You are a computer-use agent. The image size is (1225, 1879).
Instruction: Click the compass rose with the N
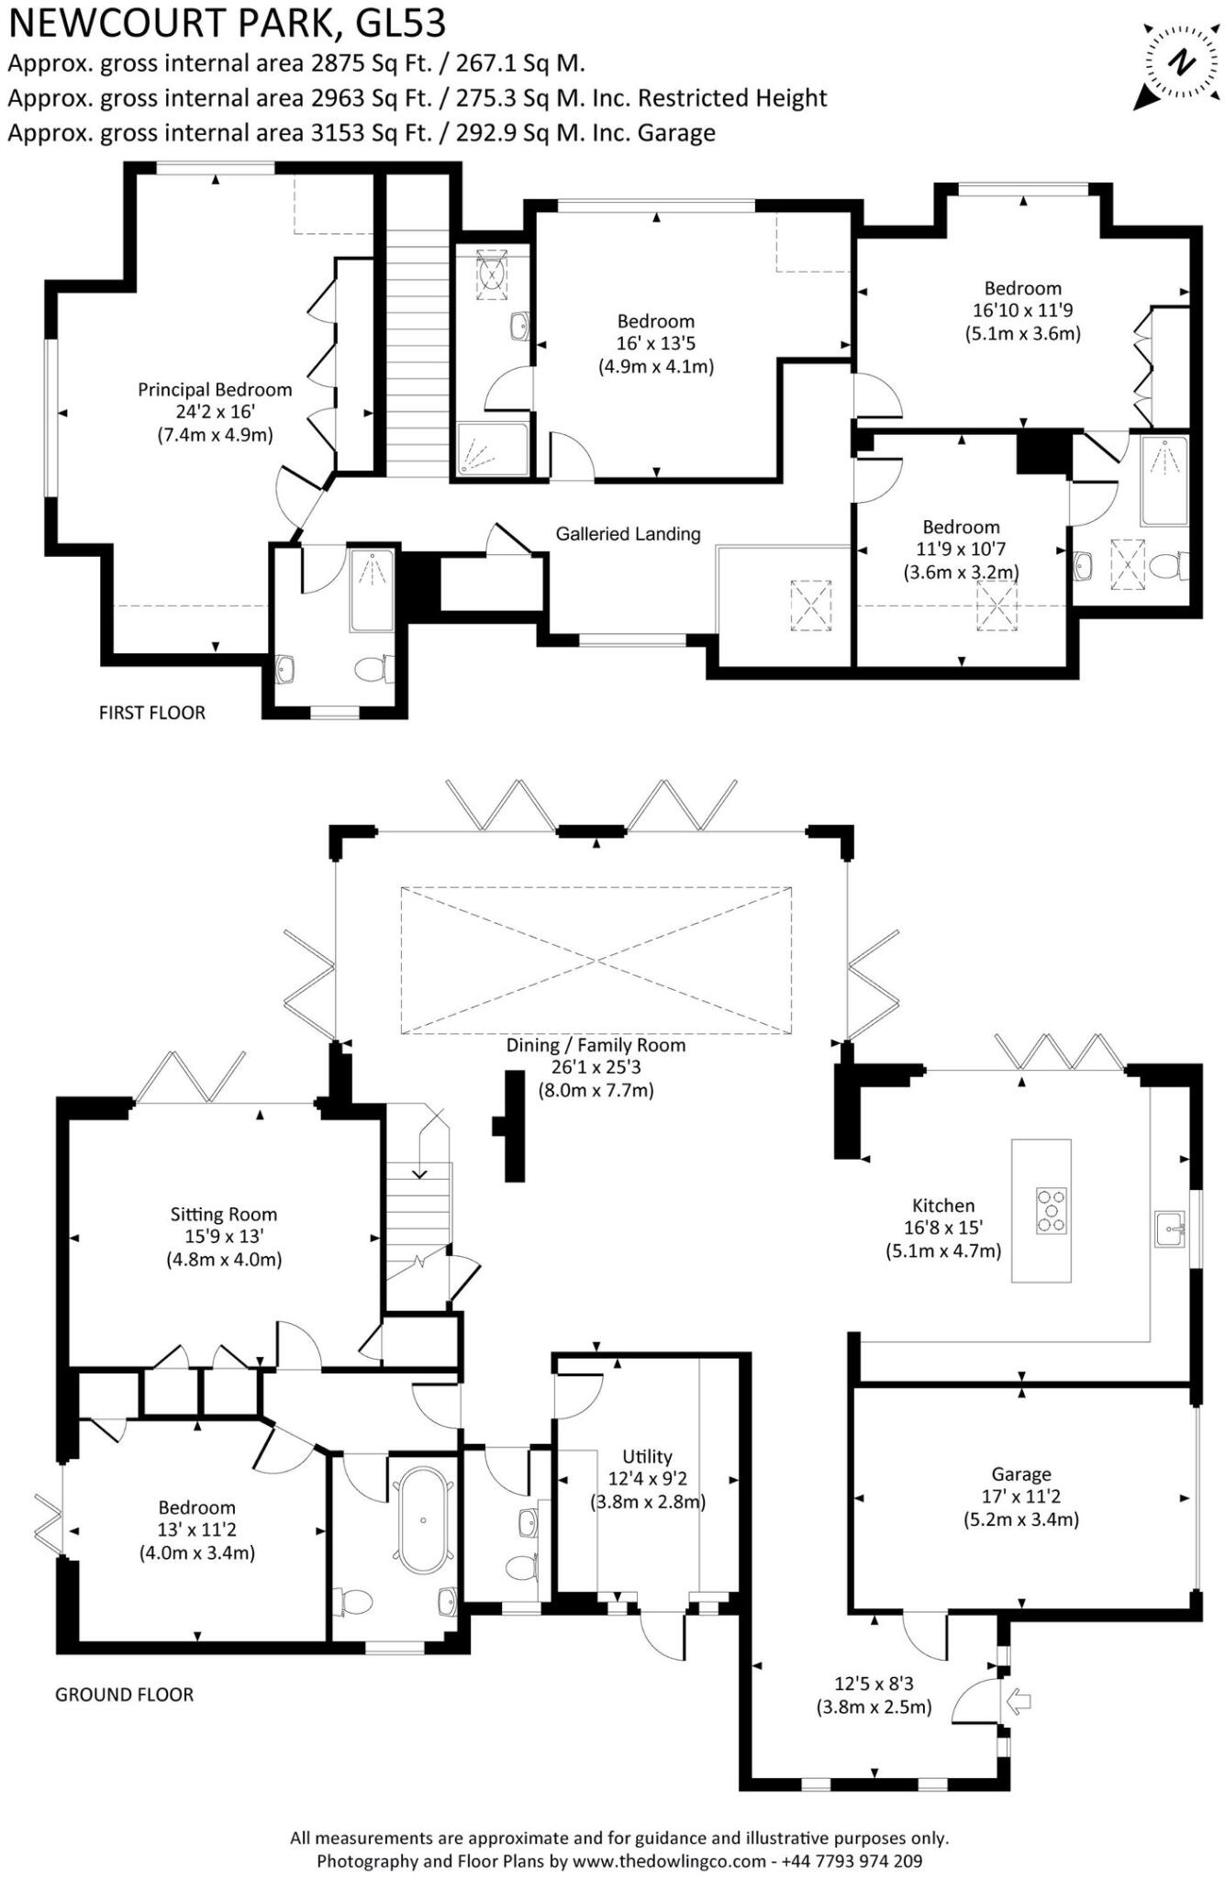tap(1183, 63)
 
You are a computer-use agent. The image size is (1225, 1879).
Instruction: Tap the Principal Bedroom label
tap(215, 389)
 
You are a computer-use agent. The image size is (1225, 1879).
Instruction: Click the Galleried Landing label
tap(628, 533)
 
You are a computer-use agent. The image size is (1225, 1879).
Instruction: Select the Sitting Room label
tap(223, 1215)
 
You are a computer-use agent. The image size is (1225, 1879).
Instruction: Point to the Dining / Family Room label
tap(596, 1045)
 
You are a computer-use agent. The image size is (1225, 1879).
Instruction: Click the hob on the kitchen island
tap(1052, 1211)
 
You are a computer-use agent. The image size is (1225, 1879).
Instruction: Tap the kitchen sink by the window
tap(1170, 1229)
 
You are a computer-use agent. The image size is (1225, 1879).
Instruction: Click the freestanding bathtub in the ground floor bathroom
tap(423, 1520)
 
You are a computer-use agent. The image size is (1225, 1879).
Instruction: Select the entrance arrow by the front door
tap(1019, 1703)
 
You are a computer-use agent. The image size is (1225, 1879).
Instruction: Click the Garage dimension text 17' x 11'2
tap(1020, 1496)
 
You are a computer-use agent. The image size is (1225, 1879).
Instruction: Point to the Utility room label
tap(647, 1457)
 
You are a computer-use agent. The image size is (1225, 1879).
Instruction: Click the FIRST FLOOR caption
tap(152, 712)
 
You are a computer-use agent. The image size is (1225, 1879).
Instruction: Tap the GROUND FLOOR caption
tap(124, 1694)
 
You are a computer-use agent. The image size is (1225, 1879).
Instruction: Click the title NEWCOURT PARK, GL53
tap(227, 23)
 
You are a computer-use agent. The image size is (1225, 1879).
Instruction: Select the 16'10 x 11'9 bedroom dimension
tap(1022, 310)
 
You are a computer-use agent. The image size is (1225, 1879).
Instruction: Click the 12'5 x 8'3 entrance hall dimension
tap(874, 1684)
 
